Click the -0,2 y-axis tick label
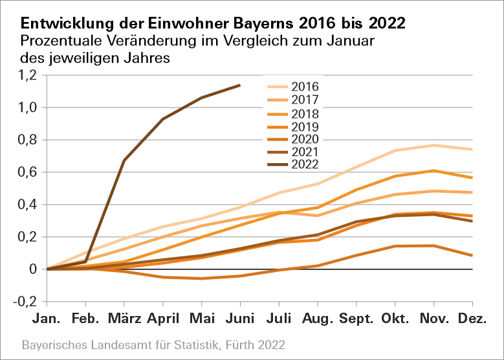coord(24,302)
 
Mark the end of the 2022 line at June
coord(240,85)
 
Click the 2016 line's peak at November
coord(434,145)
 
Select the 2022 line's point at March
coord(124,160)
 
